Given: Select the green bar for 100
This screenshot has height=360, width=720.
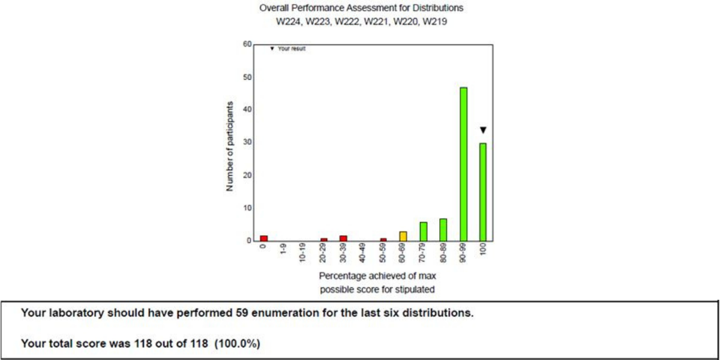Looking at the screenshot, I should click(x=483, y=191).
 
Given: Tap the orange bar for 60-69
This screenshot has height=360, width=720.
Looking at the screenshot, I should click(x=403, y=236).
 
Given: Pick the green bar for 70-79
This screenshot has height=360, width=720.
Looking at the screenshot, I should click(x=424, y=231).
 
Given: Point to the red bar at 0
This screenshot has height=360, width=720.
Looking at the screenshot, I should click(x=263, y=238).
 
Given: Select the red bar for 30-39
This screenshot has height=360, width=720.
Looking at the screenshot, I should click(x=343, y=238).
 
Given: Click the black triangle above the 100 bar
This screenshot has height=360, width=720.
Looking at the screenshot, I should click(x=483, y=130).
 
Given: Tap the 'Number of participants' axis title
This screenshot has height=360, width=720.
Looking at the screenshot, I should click(x=230, y=146).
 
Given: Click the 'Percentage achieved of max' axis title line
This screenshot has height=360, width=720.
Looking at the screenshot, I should click(x=377, y=276).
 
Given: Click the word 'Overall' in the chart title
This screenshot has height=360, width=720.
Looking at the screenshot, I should click(x=272, y=8).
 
